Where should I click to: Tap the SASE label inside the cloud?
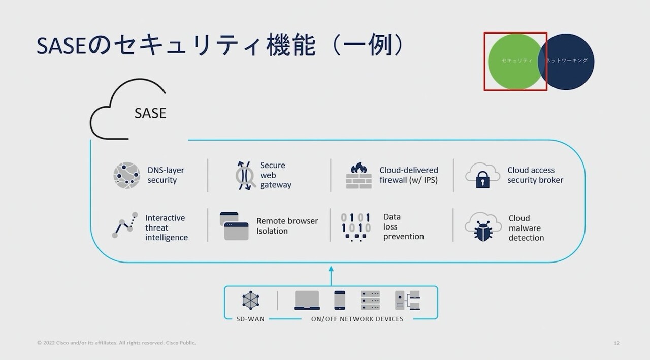click(x=150, y=113)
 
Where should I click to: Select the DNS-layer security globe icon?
click(x=126, y=175)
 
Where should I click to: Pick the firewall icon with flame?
click(x=359, y=175)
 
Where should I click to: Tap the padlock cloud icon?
click(x=482, y=176)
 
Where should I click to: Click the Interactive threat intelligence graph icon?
click(x=125, y=225)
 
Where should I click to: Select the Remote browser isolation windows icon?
click(x=234, y=226)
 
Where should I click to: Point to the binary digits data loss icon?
click(x=355, y=226)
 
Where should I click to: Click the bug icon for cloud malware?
click(x=483, y=227)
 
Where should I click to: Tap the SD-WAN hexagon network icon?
click(x=251, y=300)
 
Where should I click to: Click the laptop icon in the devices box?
click(x=307, y=300)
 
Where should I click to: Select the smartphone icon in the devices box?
click(x=340, y=300)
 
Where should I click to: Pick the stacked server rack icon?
click(x=370, y=300)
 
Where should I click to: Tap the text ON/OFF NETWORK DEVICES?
click(x=357, y=319)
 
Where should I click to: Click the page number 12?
click(x=616, y=343)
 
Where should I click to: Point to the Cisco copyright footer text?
click(x=116, y=343)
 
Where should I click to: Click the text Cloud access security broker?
click(x=535, y=175)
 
